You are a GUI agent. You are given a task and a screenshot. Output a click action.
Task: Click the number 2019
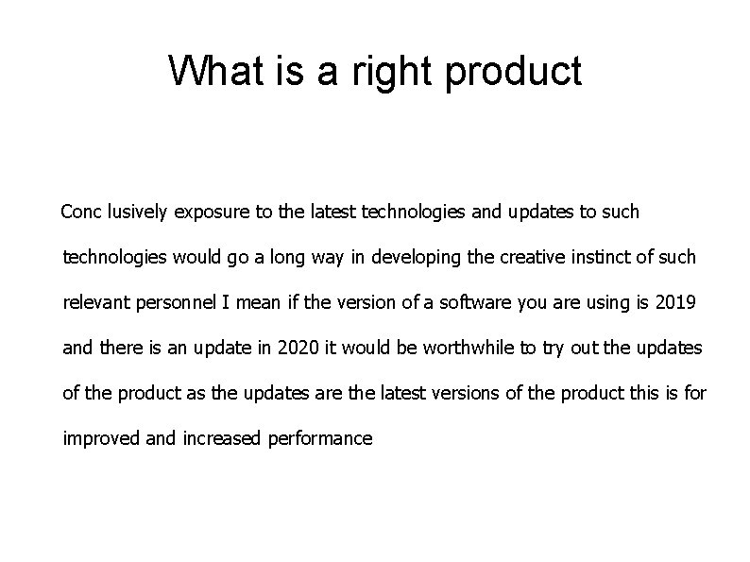tap(676, 302)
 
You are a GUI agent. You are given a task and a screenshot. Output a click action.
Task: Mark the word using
tap(608, 303)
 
